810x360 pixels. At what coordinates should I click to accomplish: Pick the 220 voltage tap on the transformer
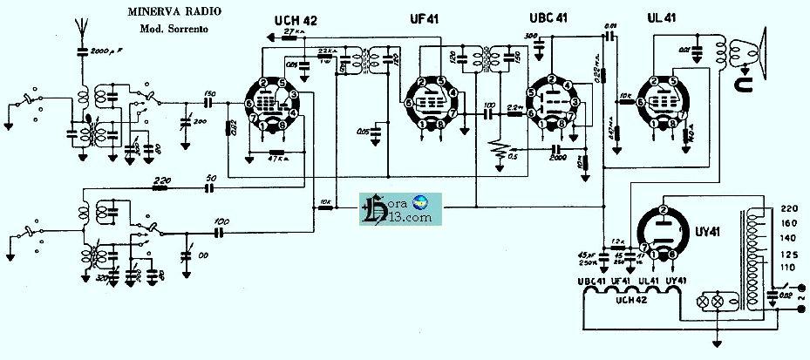[789, 209]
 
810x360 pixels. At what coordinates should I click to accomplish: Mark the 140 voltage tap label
[789, 238]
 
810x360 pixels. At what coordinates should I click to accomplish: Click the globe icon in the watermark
[421, 201]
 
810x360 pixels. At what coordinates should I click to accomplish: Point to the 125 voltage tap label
[789, 254]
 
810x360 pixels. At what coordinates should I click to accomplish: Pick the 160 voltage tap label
[789, 224]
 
